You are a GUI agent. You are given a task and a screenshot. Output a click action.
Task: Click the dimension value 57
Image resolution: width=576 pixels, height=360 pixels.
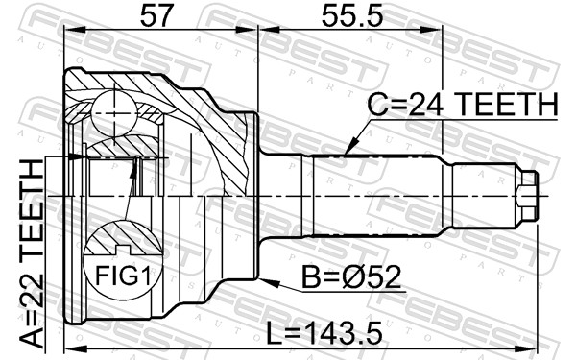click(x=156, y=16)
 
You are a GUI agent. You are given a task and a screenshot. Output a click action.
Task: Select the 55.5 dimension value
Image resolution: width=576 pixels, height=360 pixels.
click(x=352, y=16)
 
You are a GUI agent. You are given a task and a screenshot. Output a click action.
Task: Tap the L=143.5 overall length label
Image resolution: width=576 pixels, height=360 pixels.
click(x=324, y=333)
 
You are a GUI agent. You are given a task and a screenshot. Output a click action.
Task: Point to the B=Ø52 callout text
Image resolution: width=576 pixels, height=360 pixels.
click(x=351, y=277)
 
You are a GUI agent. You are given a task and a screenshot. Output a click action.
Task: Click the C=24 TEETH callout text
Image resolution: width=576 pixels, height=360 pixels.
click(x=463, y=105)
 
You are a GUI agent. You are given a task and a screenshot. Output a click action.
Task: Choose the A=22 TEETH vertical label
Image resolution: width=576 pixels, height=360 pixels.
click(x=32, y=253)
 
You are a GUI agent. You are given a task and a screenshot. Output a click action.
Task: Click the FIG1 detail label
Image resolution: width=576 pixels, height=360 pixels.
click(x=124, y=276)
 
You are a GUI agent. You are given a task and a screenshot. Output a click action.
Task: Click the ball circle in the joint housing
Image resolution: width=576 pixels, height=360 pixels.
click(x=114, y=113)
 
